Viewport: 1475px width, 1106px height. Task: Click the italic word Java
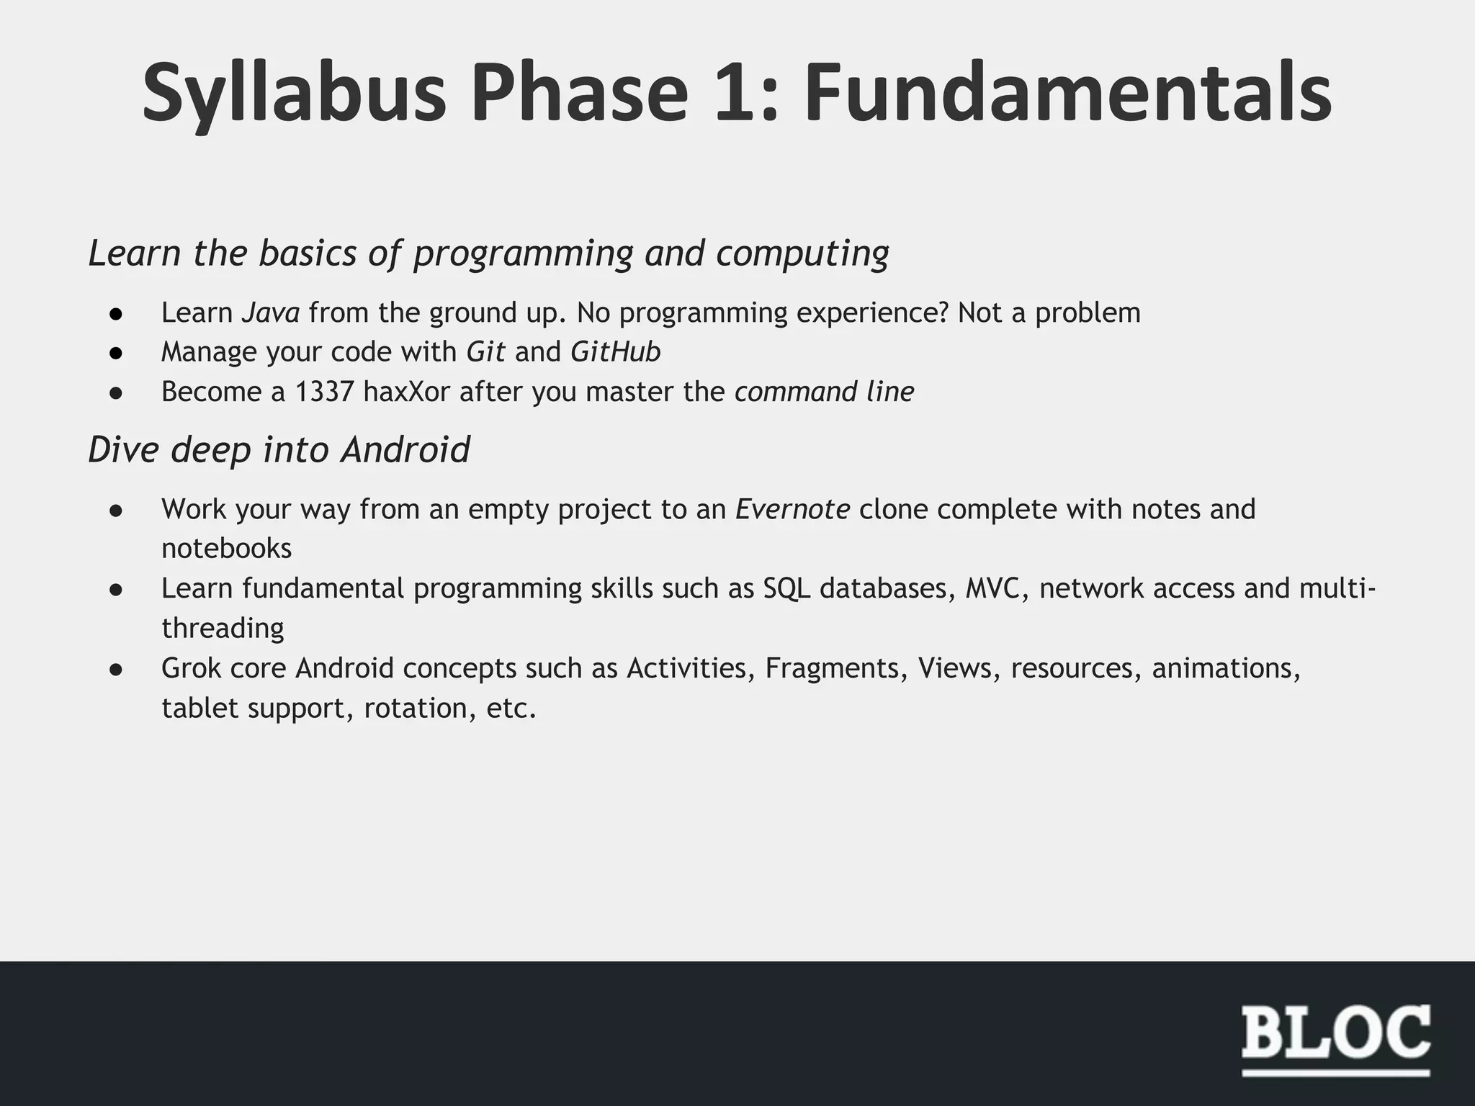270,313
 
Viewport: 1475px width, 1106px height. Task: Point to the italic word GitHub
615,352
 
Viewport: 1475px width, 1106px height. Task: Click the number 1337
324,392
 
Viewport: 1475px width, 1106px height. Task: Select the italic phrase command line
824,392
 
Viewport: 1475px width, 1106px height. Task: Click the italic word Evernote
792,509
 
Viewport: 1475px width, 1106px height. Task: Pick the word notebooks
226,549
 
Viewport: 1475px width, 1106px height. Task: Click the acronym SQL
786,589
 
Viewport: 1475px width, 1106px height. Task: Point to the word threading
223,629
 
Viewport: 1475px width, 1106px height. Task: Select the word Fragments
832,669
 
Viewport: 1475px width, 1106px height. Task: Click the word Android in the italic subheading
405,450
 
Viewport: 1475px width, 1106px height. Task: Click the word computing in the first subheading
802,253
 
